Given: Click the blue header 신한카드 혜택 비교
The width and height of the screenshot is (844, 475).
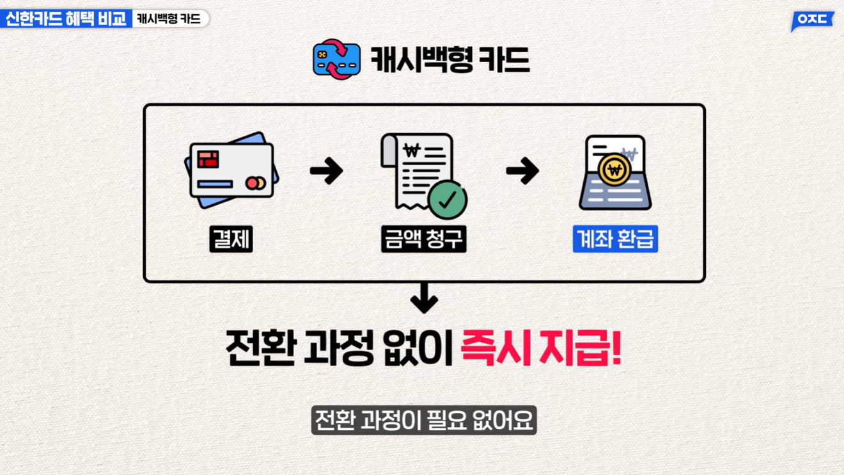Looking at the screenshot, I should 66,19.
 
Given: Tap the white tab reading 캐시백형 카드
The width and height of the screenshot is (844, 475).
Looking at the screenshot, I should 169,19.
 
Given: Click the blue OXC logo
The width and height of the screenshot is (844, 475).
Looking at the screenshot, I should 812,20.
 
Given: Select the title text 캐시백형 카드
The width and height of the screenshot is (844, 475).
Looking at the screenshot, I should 450,60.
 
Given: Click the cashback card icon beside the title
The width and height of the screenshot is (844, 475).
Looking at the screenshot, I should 336,60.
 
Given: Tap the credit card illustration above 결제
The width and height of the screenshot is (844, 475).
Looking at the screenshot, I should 231,170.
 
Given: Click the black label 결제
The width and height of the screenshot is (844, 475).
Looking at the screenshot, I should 231,239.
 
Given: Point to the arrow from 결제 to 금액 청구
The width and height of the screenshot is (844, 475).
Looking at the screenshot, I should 326,171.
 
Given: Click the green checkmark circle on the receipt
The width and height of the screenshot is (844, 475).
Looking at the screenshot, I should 448,200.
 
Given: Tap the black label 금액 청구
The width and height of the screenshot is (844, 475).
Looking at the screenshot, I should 423,239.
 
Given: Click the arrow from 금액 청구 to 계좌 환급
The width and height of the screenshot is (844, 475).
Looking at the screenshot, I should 522,171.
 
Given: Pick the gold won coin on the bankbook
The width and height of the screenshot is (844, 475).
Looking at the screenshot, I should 614,170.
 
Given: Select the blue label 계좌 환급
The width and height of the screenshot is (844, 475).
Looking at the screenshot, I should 615,239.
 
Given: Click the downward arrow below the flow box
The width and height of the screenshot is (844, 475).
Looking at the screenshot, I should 424,298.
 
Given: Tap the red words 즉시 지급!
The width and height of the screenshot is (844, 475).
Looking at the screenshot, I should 541,348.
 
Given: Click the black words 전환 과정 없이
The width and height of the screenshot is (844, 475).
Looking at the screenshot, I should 340,348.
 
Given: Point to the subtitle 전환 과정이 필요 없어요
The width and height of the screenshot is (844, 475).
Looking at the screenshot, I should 423,420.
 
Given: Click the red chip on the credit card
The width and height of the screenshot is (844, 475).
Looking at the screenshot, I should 208,159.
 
